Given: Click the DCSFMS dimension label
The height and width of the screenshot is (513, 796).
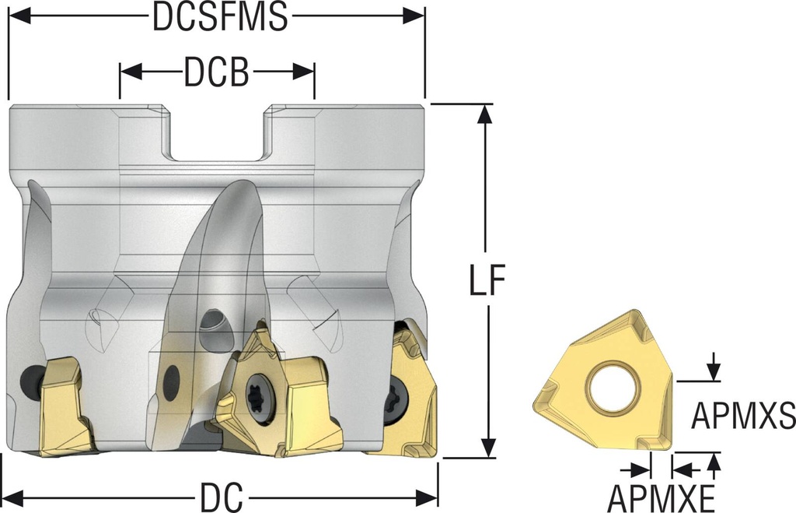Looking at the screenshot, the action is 220,17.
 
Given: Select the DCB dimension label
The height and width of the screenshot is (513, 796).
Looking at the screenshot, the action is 216,72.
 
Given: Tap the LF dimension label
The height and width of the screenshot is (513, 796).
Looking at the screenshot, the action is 487,280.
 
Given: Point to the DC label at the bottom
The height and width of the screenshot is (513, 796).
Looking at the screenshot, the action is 222,497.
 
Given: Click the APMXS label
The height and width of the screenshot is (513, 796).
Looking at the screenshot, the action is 743,415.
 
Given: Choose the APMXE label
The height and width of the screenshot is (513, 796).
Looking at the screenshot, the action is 662,498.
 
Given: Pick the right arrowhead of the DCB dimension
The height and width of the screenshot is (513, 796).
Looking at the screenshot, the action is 304,72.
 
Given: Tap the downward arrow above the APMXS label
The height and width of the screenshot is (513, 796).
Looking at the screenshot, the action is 714,366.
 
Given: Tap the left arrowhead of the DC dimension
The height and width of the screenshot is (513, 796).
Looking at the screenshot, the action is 15,497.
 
